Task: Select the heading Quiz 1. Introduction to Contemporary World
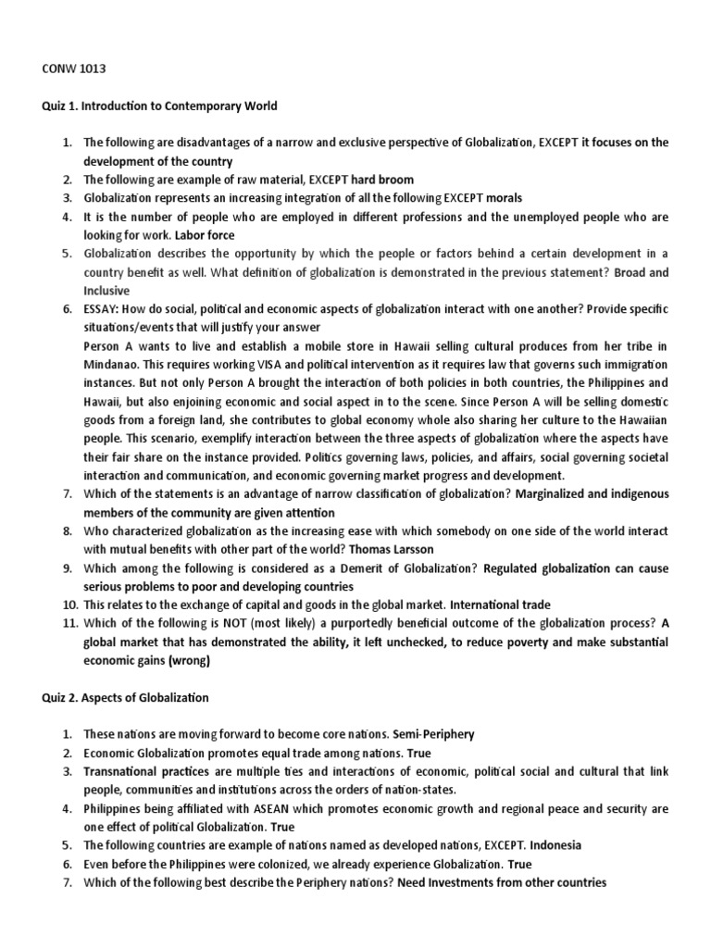(160, 106)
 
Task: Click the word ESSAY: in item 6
(103, 308)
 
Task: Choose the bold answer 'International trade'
(500, 604)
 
